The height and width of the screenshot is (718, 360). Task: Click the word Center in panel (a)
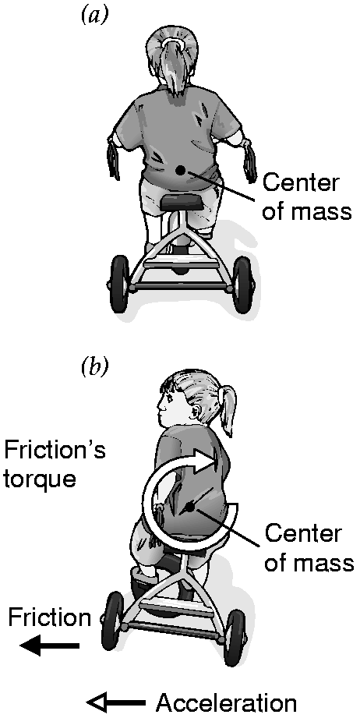[x=301, y=183]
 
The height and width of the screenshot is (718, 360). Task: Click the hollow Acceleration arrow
[x=116, y=702]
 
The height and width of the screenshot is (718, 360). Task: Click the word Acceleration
[x=227, y=702]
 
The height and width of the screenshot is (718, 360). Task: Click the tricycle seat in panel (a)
[x=178, y=202]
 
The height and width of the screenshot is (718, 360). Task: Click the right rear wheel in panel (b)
[x=235, y=638]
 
